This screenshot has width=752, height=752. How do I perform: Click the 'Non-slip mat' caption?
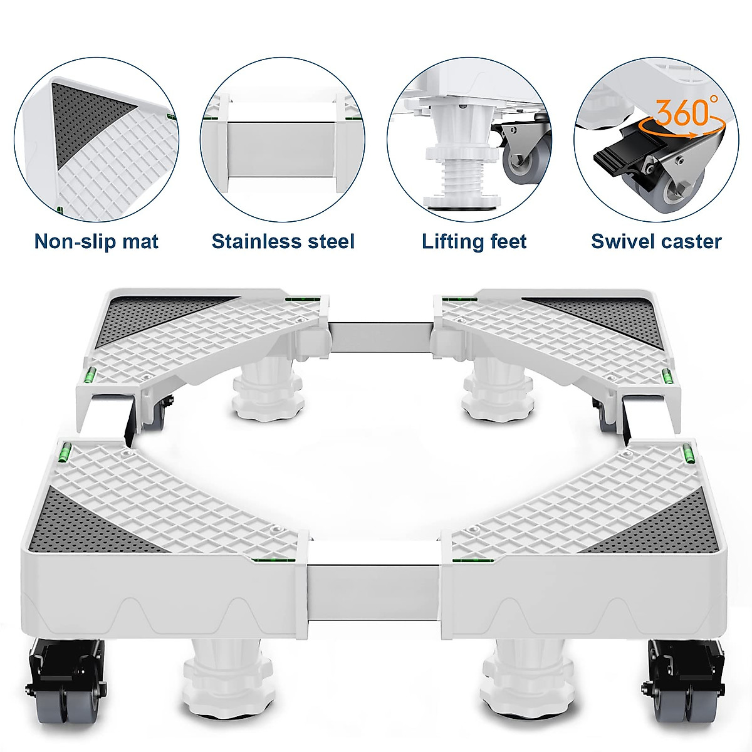(x=97, y=241)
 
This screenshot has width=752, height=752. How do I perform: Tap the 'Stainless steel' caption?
(x=283, y=241)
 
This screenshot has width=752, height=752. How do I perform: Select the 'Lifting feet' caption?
(x=474, y=241)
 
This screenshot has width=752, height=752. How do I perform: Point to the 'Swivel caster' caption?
(x=657, y=241)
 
